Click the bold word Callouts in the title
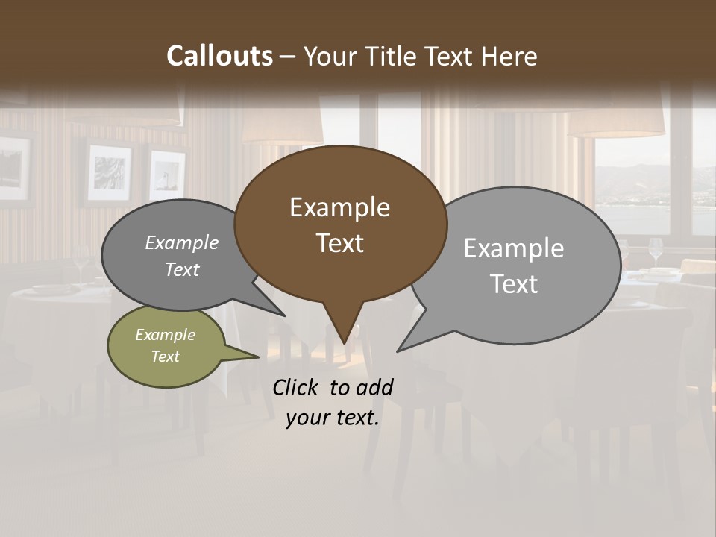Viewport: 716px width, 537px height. click(x=219, y=56)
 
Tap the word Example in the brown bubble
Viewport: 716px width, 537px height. click(x=339, y=207)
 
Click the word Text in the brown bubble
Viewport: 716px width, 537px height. click(x=339, y=243)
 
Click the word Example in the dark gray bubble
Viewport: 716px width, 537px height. click(x=182, y=243)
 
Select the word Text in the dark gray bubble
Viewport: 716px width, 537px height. click(x=182, y=269)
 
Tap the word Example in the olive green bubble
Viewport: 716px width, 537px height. click(x=165, y=335)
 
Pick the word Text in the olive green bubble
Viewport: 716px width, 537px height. click(x=165, y=357)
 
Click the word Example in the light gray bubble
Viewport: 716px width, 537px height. click(x=514, y=248)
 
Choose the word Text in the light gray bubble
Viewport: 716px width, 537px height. click(x=514, y=284)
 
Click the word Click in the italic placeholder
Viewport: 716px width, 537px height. click(x=297, y=387)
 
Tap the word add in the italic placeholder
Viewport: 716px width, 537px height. click(x=374, y=387)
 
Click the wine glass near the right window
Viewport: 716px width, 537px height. click(x=656, y=250)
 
